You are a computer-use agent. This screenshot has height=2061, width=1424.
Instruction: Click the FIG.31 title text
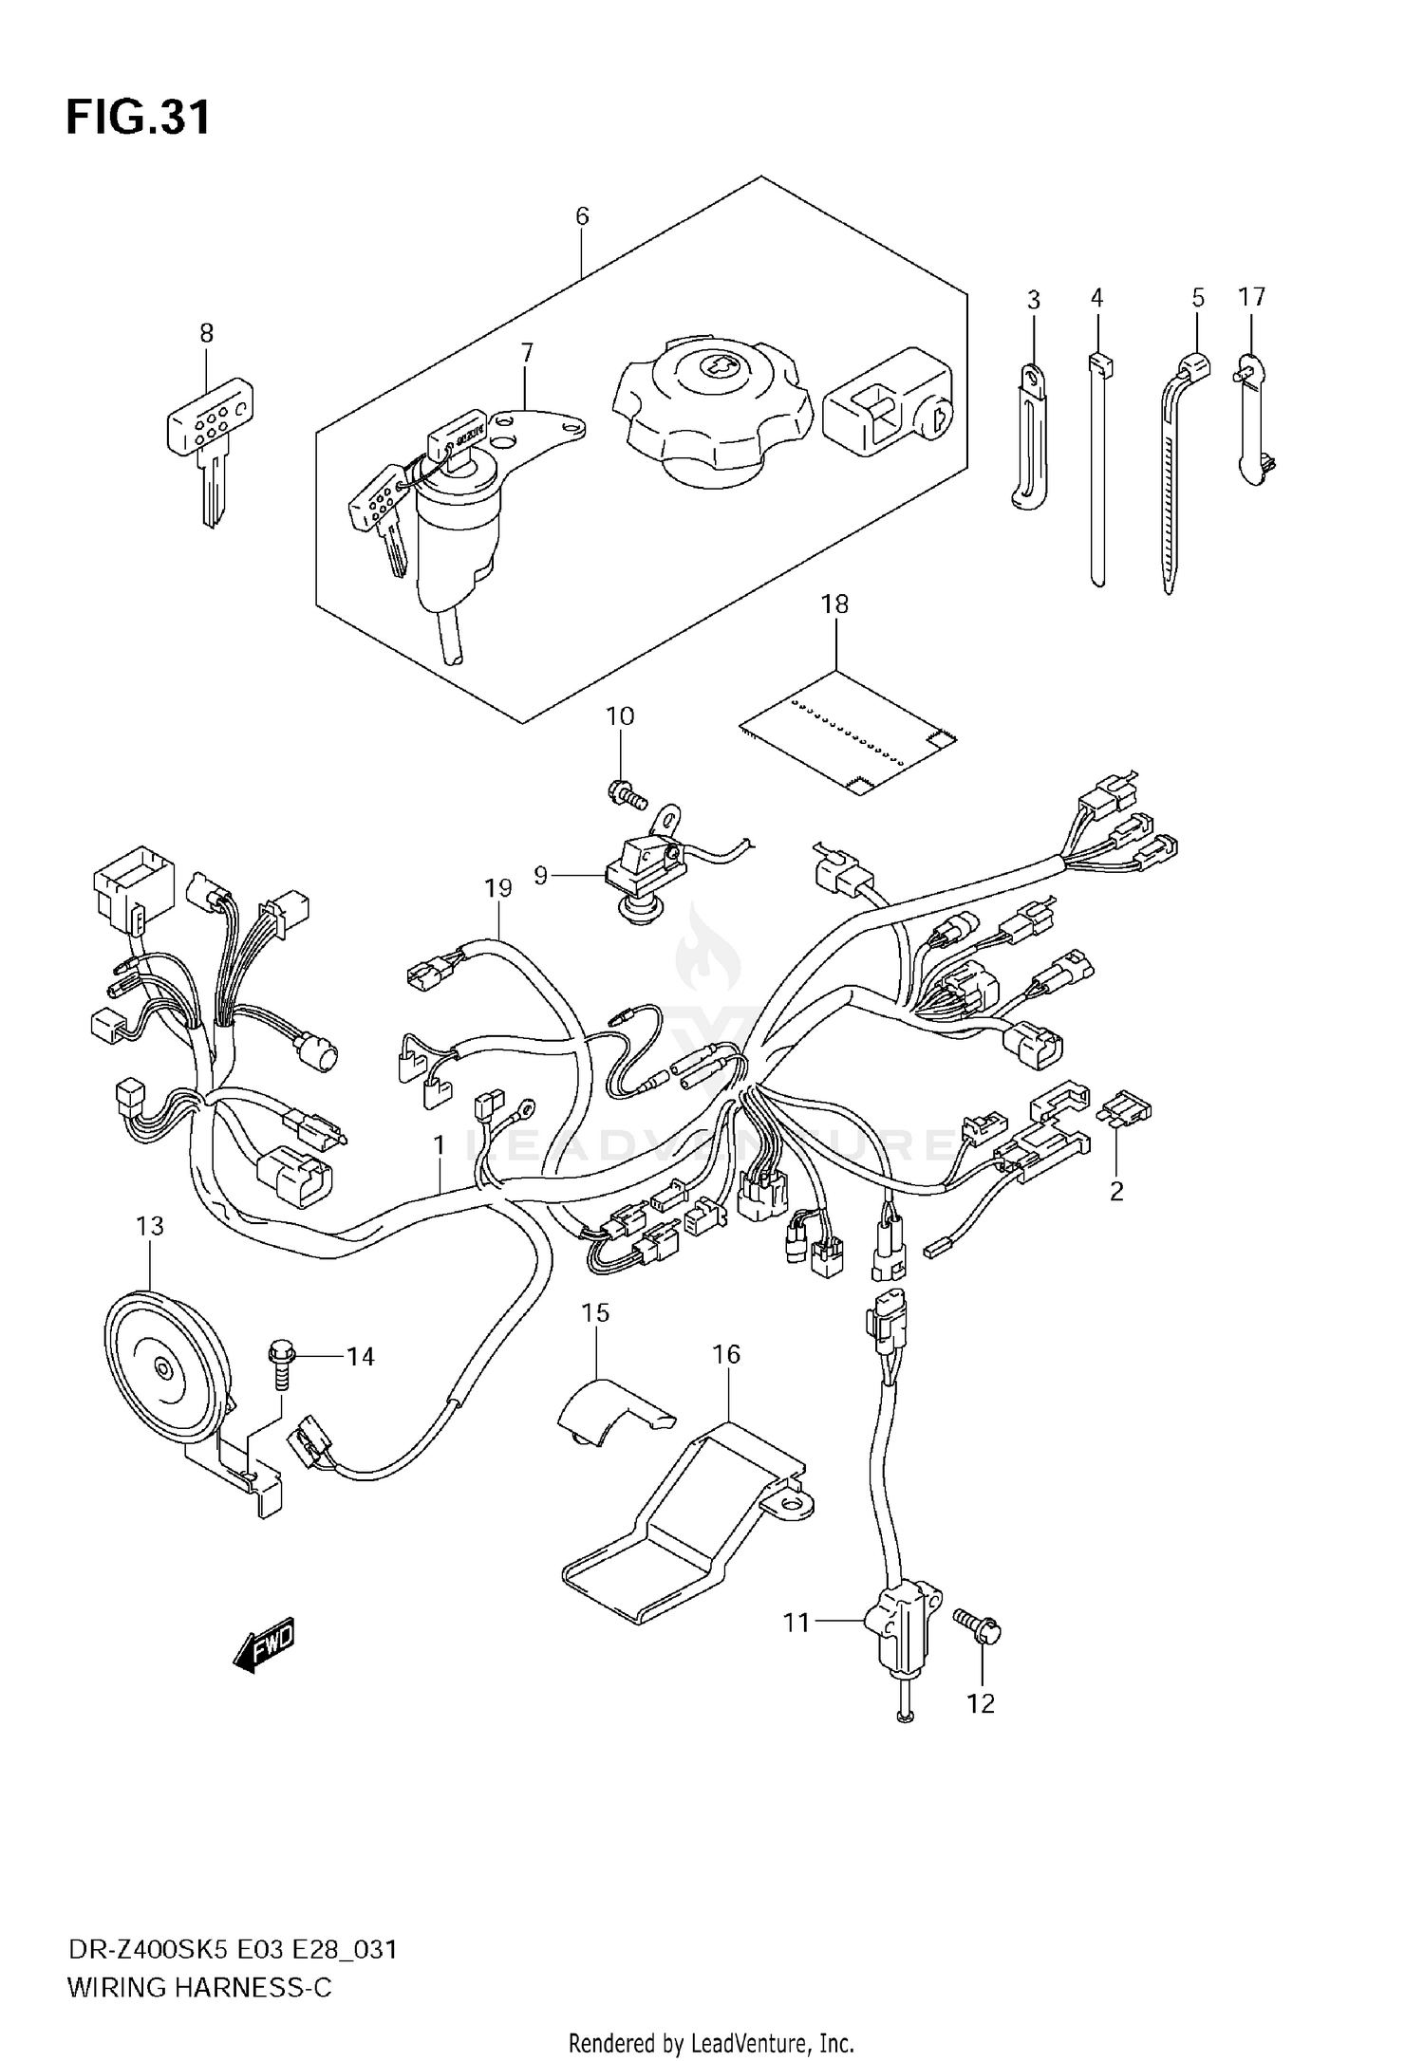click(138, 119)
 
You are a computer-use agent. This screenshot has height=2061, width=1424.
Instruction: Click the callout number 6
click(582, 216)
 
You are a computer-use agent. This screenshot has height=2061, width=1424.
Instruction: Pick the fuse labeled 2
click(1125, 1110)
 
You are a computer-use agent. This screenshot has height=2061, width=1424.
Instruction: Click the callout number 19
click(497, 888)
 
